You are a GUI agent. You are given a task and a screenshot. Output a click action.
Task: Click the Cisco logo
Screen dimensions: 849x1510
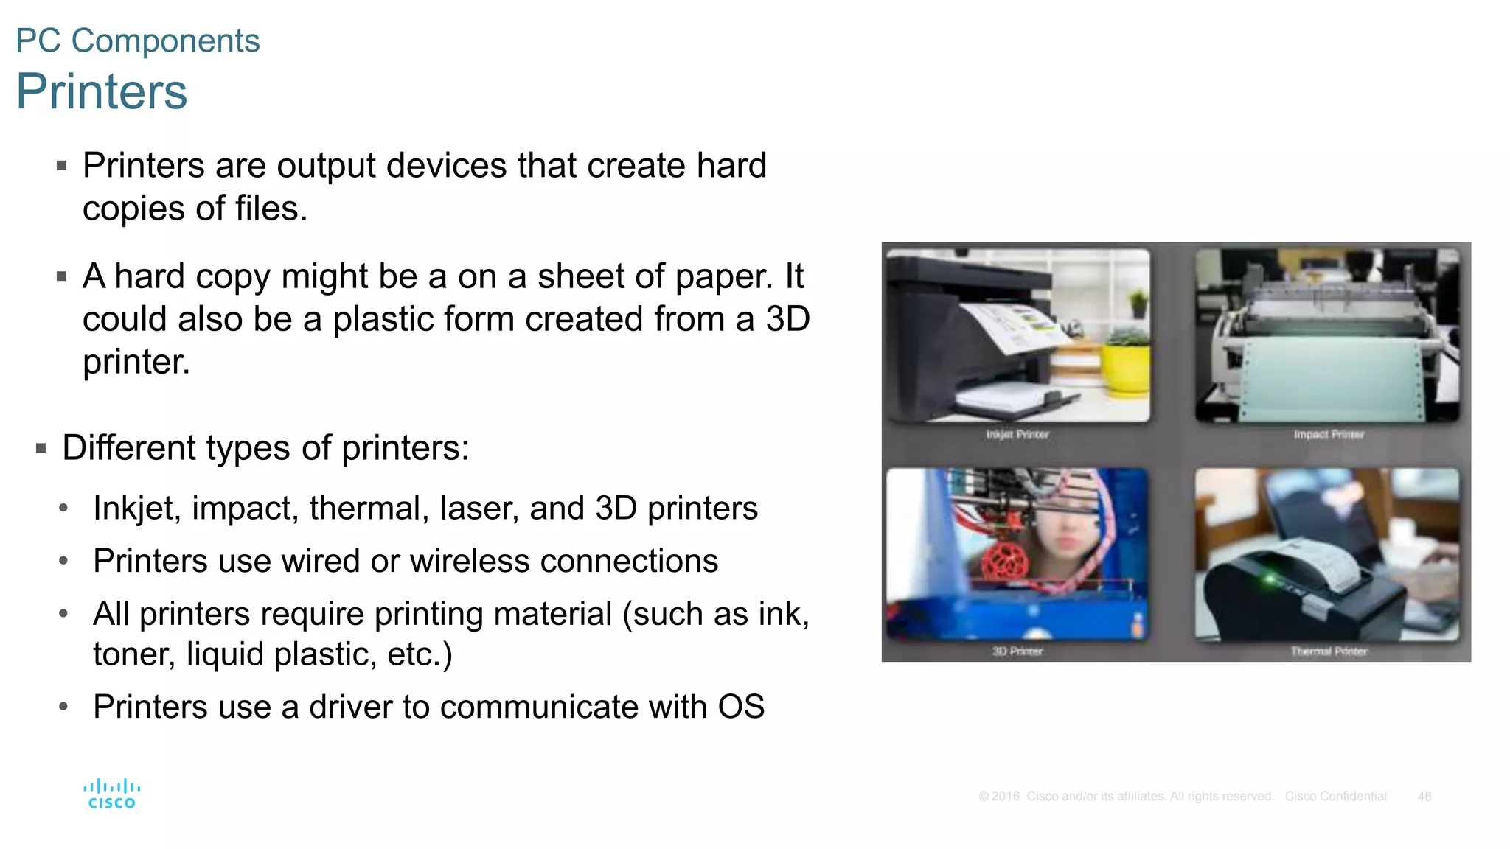111,794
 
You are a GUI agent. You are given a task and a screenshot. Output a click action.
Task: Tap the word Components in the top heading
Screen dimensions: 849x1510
166,41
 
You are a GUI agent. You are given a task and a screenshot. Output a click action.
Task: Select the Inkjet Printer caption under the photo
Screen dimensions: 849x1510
1017,434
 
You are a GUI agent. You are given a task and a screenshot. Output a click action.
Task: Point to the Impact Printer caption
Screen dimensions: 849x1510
1329,434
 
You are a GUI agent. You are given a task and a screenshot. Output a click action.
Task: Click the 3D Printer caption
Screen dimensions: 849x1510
1017,651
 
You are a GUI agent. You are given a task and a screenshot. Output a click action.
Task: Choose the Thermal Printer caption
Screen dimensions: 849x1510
1329,651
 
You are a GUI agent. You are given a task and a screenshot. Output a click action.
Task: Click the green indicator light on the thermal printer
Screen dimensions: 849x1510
1270,579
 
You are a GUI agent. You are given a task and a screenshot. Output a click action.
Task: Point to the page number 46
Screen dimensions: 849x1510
1424,796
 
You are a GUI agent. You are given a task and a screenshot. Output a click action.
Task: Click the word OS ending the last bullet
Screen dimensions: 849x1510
741,707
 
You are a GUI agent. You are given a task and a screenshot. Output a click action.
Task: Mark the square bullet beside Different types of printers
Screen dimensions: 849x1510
41,448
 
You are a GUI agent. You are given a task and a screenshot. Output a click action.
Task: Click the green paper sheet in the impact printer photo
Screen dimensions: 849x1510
1327,376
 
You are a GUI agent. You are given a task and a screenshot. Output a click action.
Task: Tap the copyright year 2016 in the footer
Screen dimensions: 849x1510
1006,796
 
